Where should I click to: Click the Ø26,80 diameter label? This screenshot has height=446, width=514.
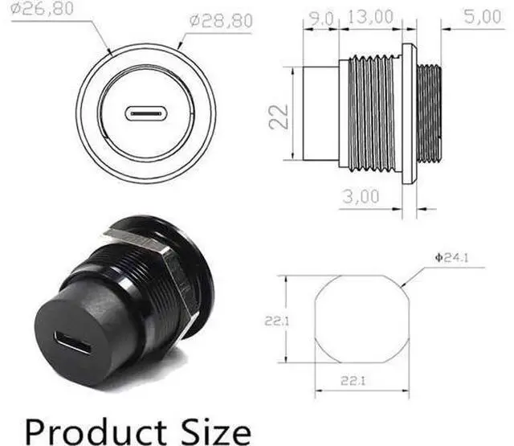click(x=42, y=8)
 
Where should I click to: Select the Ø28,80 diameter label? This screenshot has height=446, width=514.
click(x=221, y=21)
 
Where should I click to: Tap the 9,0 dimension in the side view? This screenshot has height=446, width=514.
click(x=321, y=18)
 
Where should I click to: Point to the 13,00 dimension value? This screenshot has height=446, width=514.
click(x=370, y=17)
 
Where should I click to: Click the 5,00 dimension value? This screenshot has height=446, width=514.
click(x=483, y=16)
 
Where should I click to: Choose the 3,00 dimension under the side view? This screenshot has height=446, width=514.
click(x=361, y=196)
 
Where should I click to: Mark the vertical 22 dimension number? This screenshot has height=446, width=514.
click(x=279, y=117)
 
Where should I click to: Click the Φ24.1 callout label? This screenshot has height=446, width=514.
click(x=451, y=258)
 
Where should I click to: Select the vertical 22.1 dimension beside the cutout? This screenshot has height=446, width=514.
click(x=277, y=321)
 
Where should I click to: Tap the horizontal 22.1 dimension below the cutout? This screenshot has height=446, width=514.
click(x=353, y=381)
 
